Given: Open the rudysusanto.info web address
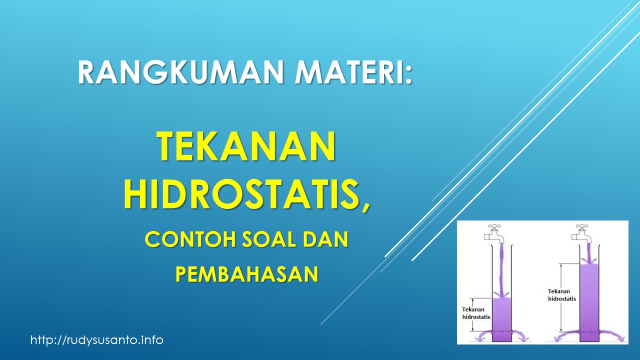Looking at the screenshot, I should pos(97,340).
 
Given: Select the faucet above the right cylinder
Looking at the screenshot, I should pos(582,232).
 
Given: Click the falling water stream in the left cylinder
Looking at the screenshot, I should pos(501,270).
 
